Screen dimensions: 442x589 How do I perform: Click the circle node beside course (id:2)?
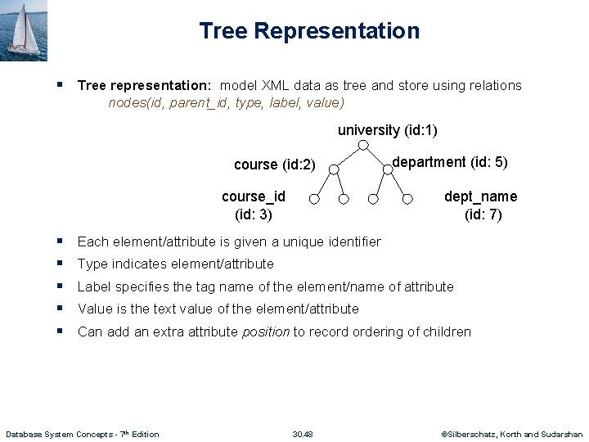[333, 170]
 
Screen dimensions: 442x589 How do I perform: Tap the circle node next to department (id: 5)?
[387, 170]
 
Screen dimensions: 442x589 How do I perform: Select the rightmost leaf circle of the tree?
[407, 198]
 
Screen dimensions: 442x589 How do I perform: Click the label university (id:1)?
[388, 130]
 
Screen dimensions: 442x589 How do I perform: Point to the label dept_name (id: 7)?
[481, 205]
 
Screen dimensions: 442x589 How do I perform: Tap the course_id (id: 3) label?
[254, 205]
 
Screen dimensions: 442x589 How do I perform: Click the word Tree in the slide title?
[223, 31]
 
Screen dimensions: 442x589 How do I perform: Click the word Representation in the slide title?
[336, 31]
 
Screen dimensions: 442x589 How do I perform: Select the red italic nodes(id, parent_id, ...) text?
[226, 103]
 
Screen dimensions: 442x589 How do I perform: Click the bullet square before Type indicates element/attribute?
[61, 264]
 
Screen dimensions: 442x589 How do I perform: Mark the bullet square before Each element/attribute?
[61, 241]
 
